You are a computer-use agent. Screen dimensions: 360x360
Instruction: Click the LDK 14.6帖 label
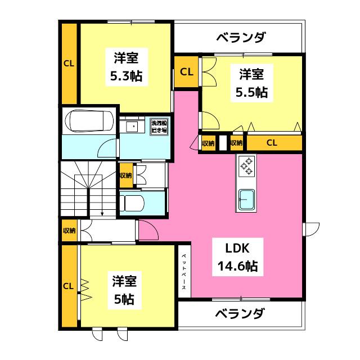tap(237, 257)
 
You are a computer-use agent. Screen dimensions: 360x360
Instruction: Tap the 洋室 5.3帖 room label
tap(126, 67)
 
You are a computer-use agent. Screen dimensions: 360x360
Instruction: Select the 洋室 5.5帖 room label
tap(251, 83)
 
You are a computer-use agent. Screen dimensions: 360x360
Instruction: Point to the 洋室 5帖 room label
tap(124, 290)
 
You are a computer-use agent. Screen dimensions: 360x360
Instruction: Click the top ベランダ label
tap(241, 38)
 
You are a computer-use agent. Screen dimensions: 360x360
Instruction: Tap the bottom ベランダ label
tap(240, 314)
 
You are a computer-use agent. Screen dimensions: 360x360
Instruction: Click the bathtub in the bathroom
tap(89, 121)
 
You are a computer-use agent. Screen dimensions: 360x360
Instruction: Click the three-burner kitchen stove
tap(246, 166)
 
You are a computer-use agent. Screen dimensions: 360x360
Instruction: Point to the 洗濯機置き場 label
tap(159, 127)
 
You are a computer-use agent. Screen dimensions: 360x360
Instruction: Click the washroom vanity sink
tap(132, 126)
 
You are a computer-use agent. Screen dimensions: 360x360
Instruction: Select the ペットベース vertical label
tap(184, 272)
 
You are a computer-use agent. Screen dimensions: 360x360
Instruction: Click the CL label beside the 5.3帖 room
tap(69, 64)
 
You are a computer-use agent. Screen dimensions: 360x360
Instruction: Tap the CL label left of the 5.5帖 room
tap(186, 72)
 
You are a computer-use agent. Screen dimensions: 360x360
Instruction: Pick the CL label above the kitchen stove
tap(272, 143)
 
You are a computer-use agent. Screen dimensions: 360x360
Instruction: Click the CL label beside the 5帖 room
tap(69, 286)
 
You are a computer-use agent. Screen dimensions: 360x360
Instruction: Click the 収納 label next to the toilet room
tap(126, 175)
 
